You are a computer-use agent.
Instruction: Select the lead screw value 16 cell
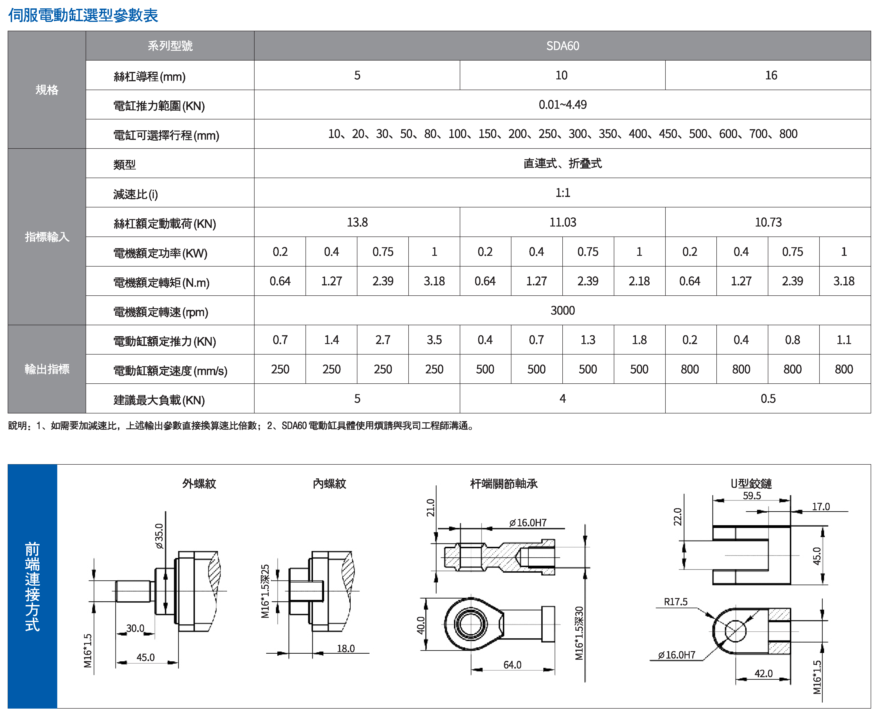(771, 75)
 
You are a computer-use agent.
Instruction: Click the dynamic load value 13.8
(357, 222)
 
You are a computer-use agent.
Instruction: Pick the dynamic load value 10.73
(768, 222)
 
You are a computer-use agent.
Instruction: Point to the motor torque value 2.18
(639, 281)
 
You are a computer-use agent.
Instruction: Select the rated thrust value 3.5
(434, 340)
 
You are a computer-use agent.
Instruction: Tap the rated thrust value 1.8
(639, 340)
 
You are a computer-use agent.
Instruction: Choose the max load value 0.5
(768, 399)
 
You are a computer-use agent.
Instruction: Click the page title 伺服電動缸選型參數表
(83, 15)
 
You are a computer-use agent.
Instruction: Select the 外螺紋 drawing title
(199, 483)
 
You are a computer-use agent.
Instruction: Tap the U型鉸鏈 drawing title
(751, 483)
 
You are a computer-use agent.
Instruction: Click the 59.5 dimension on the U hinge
(752, 496)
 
